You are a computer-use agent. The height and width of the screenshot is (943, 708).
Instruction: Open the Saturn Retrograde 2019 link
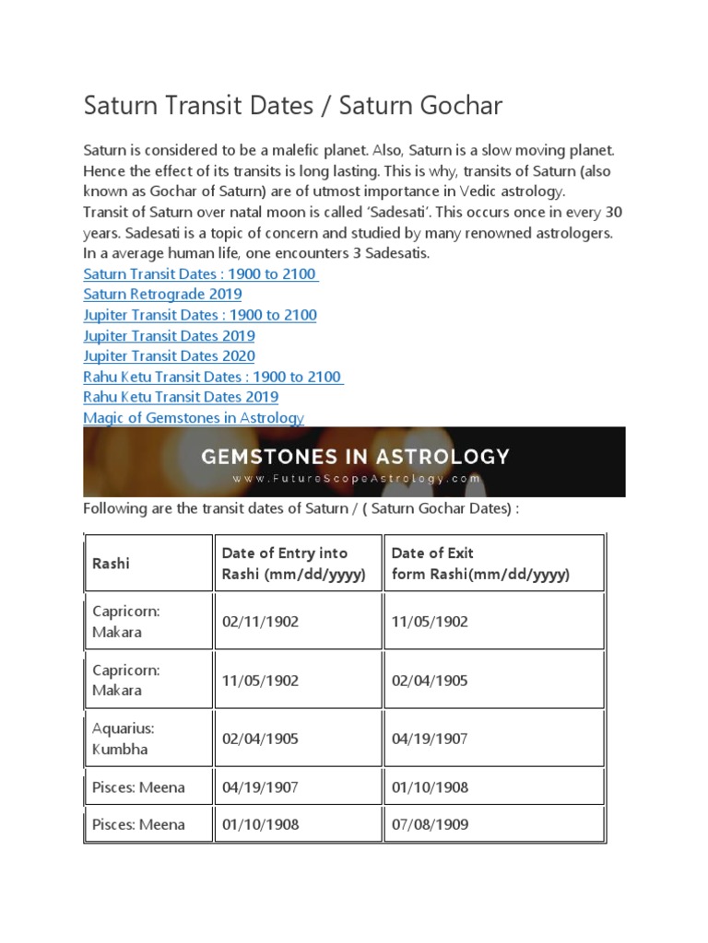click(x=162, y=295)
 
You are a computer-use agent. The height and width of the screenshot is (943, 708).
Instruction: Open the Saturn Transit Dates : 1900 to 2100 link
click(x=200, y=274)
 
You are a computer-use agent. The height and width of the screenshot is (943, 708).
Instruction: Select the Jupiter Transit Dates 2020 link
click(x=169, y=356)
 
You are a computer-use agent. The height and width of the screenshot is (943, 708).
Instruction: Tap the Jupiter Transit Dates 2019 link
click(x=169, y=336)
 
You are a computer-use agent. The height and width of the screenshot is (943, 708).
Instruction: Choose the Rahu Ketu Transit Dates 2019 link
click(x=181, y=397)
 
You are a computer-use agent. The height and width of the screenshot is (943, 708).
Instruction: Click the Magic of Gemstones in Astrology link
click(x=194, y=418)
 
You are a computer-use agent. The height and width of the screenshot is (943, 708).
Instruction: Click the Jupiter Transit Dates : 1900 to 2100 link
click(x=200, y=315)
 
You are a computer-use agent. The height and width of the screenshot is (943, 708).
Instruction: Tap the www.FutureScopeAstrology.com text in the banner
click(x=356, y=479)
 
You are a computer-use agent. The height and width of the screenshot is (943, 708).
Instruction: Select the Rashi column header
click(x=111, y=564)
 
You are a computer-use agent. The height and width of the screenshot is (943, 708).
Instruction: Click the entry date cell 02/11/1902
click(x=260, y=622)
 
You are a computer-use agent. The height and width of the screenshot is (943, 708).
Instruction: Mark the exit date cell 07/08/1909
click(x=430, y=824)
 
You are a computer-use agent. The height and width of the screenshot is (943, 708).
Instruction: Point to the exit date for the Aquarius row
click(x=430, y=739)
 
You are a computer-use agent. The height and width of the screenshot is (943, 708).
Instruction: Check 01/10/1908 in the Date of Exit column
click(x=430, y=787)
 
